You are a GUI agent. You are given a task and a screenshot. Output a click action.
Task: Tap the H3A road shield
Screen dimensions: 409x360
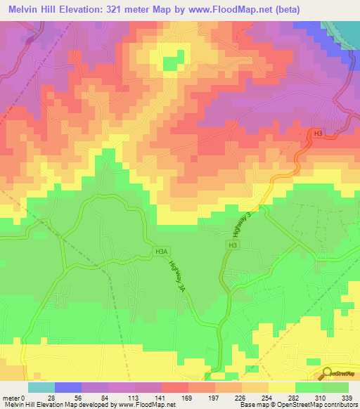click(162, 250)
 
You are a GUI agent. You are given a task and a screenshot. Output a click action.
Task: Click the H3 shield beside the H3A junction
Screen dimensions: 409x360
click(232, 245)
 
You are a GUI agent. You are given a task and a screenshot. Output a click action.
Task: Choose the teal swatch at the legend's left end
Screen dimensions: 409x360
click(41, 387)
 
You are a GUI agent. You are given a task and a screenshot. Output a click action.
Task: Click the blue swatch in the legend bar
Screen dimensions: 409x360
click(67, 387)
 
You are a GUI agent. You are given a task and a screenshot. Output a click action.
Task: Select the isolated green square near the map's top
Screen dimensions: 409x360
click(170, 64)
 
